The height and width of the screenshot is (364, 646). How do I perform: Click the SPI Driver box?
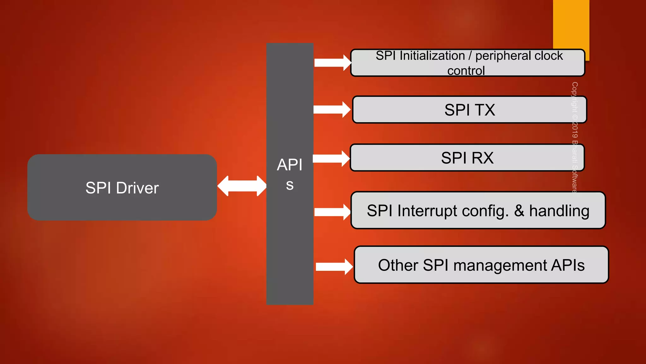point(122,187)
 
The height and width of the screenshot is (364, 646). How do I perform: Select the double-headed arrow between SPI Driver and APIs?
point(242,186)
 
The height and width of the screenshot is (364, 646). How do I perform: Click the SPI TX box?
point(469,110)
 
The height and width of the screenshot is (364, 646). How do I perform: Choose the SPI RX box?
point(467,158)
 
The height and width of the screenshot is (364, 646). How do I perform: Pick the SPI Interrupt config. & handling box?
point(478,210)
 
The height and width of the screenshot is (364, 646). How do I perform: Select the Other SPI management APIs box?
point(481,265)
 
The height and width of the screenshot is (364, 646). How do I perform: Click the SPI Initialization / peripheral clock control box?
point(467,63)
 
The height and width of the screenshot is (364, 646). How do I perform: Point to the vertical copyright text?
point(575,137)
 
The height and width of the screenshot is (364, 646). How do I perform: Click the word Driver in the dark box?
point(137,188)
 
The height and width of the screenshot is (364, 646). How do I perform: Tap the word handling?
point(559,211)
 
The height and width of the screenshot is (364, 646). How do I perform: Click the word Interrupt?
point(427,211)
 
